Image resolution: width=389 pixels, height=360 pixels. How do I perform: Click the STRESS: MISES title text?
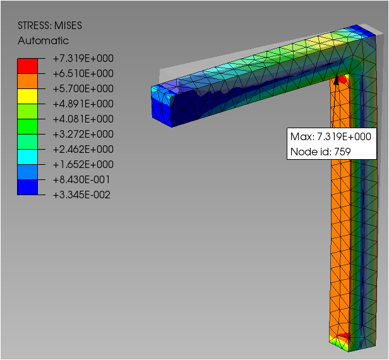(50, 25)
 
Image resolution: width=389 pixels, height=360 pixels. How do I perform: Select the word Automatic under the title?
(43, 40)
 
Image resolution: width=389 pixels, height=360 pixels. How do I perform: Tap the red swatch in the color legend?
(28, 66)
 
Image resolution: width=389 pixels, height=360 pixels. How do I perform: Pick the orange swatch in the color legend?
(28, 81)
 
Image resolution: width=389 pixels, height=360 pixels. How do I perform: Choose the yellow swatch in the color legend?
(28, 96)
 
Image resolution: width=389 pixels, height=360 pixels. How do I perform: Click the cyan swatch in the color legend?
(28, 157)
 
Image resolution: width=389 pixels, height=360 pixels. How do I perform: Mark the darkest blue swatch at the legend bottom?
(28, 187)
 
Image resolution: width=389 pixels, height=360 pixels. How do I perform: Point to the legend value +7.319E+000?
(83, 59)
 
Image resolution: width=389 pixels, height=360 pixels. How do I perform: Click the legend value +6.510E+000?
(83, 74)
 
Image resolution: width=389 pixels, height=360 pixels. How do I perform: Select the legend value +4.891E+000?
(83, 104)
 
